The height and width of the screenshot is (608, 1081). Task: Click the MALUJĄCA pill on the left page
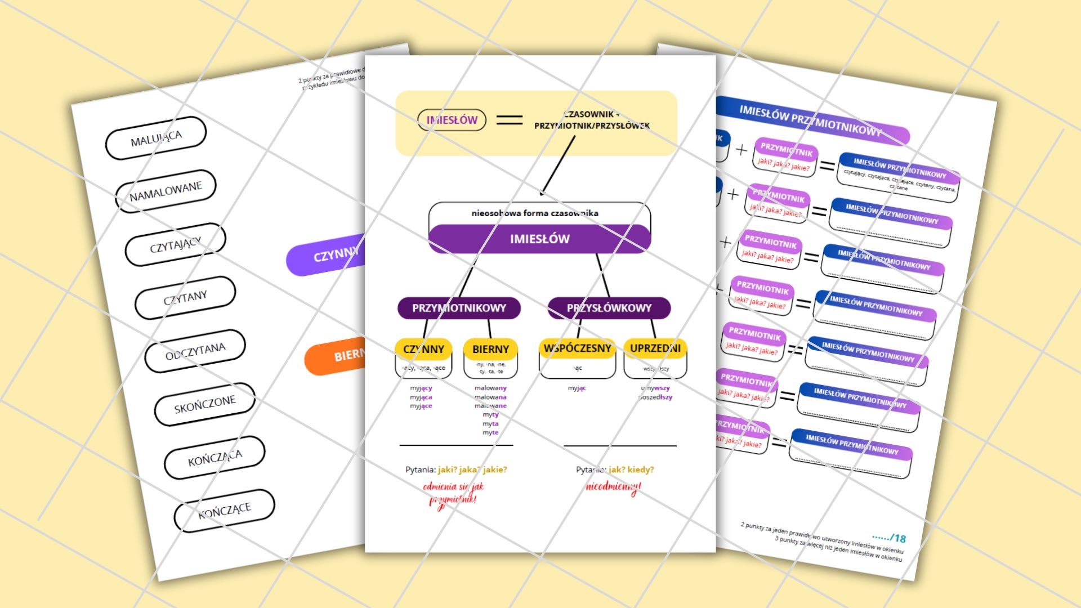(156, 138)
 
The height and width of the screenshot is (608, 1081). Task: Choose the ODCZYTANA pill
(195, 351)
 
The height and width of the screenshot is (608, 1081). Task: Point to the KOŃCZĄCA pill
(215, 457)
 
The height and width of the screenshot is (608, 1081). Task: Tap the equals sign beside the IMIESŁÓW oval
(510, 120)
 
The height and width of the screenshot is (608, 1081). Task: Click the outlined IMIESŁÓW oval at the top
(452, 120)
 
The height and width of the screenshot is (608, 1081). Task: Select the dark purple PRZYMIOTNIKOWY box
(459, 308)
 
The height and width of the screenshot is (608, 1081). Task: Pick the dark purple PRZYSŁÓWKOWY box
(609, 308)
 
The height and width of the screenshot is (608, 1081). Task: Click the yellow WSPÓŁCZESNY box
(577, 348)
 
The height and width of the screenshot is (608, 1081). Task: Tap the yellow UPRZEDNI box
(655, 348)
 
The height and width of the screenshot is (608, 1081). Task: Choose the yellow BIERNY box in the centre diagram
(490, 349)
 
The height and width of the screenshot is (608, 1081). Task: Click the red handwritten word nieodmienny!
(613, 487)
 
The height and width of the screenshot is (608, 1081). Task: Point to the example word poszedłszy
(655, 397)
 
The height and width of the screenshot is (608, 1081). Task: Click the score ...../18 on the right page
(889, 538)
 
